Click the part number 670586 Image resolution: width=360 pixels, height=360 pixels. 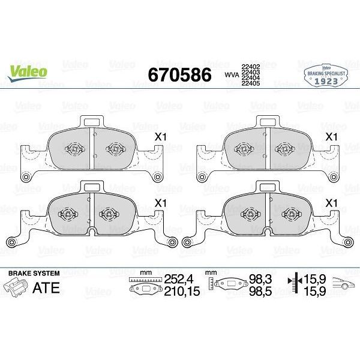[x=179, y=75]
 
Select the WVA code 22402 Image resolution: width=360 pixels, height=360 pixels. [x=250, y=67]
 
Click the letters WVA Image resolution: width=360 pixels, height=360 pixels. [x=231, y=75]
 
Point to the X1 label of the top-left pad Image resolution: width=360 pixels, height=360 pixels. [x=160, y=137]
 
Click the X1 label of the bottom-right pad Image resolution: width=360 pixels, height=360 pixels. [x=330, y=203]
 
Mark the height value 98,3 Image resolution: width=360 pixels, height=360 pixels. [x=259, y=279]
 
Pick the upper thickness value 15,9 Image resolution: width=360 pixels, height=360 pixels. [x=317, y=279]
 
